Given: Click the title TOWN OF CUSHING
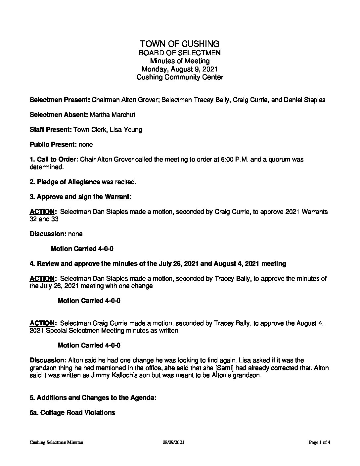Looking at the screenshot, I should coord(180,44).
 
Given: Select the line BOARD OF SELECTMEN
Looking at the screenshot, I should coord(180,53).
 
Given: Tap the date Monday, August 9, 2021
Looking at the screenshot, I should coord(180,69).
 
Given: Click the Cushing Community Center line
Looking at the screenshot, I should coord(180,77).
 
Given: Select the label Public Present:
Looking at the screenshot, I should coord(53,145).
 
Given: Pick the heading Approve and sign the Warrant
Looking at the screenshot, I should coord(83,197).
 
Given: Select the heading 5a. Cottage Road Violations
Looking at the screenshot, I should coord(72,413).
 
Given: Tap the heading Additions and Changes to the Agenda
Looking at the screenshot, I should coord(96,398).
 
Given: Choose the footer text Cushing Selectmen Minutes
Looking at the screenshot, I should coord(56,442).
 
